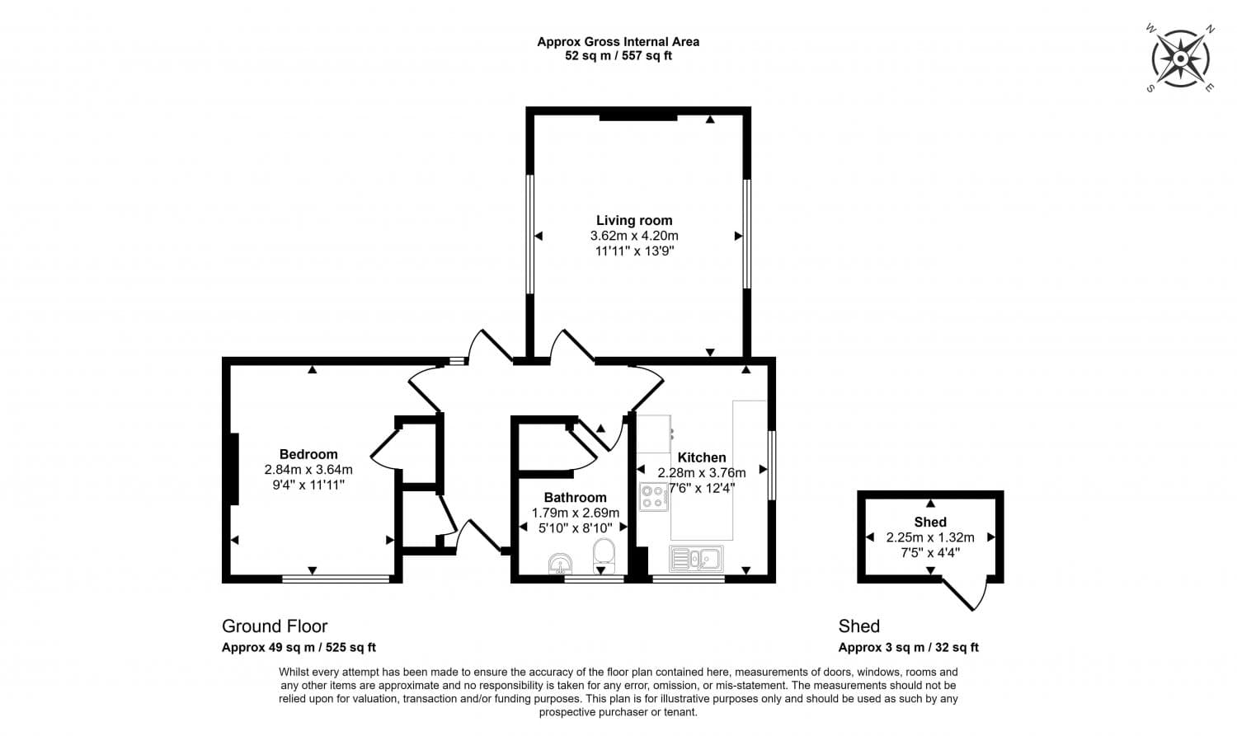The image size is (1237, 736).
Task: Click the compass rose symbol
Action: tap(1180, 59)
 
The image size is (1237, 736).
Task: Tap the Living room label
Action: tap(634, 220)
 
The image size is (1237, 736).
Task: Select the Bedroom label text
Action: tap(308, 454)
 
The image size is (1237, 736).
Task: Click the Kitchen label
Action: tap(702, 457)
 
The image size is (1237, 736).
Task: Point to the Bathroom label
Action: tap(575, 497)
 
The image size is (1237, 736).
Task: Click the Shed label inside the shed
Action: tap(930, 522)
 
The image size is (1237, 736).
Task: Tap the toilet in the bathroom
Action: tap(604, 556)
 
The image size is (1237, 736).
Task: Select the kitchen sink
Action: tap(697, 560)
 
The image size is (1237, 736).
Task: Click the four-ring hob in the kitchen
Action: tap(654, 497)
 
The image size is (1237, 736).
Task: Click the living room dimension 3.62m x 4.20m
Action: tap(634, 236)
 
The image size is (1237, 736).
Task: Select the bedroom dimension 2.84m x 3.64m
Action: tap(308, 470)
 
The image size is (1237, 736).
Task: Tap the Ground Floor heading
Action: tap(275, 626)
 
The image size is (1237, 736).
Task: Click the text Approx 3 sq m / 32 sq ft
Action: tap(908, 648)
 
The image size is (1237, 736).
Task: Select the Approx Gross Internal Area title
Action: tap(618, 42)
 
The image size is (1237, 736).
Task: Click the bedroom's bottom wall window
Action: tap(336, 579)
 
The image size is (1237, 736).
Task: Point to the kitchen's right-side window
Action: tap(772, 465)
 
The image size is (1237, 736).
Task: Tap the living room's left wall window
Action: tap(530, 234)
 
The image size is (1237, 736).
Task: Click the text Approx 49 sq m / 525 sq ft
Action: tap(299, 648)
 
